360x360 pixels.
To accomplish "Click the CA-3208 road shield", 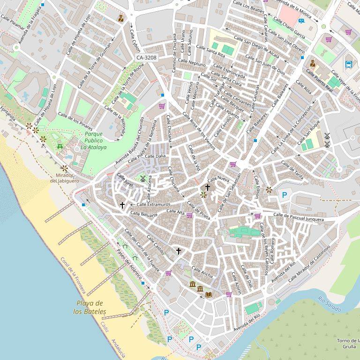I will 147,58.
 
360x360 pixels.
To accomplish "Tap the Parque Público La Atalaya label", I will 93,141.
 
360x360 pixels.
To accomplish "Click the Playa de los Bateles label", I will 90,307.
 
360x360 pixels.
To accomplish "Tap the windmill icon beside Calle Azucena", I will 143,178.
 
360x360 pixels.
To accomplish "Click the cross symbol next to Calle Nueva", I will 208,187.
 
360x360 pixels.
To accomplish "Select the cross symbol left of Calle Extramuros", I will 122,205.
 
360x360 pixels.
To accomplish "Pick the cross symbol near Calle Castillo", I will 178,251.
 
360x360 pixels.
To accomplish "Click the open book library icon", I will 209,294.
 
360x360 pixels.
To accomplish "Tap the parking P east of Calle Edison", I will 284,195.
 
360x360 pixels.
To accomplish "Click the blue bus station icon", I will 348,64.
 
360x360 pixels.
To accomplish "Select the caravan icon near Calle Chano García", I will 301,21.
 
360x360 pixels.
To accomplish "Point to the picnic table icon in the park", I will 60,147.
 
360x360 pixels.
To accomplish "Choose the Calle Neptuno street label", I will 191,63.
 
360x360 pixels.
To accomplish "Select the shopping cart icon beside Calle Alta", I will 189,215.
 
